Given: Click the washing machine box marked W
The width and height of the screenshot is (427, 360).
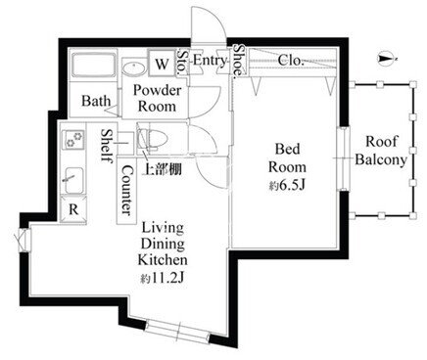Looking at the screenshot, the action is click(x=162, y=63).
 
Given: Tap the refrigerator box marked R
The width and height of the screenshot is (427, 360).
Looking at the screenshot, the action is click(x=73, y=209).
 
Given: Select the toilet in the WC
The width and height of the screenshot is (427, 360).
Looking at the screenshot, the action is click(x=153, y=139).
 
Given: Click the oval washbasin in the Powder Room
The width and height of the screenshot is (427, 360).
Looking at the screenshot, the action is click(x=134, y=68).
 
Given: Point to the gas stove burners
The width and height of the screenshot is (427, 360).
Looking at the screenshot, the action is click(x=74, y=139).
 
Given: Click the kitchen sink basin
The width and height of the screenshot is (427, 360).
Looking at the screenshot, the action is click(x=73, y=180).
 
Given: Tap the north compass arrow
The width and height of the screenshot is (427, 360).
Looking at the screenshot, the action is click(x=387, y=59).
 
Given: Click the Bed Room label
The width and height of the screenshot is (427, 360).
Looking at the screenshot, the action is click(x=287, y=157).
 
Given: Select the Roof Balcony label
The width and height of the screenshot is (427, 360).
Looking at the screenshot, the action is click(x=381, y=151).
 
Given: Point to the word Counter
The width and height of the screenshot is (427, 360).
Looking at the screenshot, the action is click(x=126, y=190).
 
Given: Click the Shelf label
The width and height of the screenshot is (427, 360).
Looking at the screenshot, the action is click(x=107, y=146).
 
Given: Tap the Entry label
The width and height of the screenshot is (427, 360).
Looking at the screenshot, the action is click(x=210, y=61).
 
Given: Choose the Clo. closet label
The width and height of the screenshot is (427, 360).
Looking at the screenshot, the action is click(x=291, y=60).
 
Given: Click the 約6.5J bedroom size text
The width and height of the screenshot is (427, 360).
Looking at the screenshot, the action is click(x=287, y=186).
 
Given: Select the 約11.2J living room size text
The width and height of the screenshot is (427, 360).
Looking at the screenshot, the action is click(x=163, y=278).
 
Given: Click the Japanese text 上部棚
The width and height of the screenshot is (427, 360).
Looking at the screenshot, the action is click(x=163, y=169).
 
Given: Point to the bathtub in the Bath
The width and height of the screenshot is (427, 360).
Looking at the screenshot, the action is click(x=94, y=65).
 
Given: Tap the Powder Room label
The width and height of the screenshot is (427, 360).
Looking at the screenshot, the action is click(x=157, y=99).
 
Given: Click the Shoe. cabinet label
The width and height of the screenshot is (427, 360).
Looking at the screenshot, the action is click(x=239, y=62).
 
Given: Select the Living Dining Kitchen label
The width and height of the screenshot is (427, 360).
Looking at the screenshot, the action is click(x=163, y=244).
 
